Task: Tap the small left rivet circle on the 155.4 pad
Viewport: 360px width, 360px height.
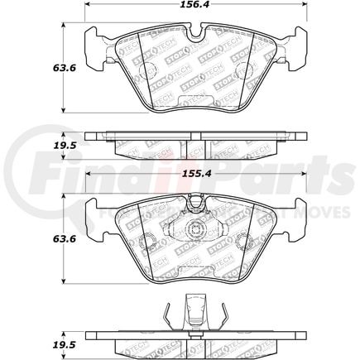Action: tap(148, 242)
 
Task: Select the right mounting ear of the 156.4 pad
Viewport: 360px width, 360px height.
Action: tap(298, 51)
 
